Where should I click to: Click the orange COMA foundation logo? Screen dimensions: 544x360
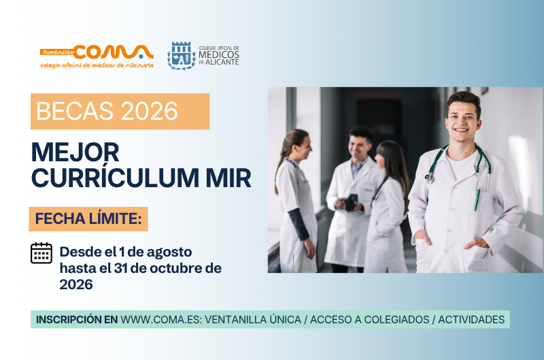[97, 56]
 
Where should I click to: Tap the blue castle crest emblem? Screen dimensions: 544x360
[181, 56]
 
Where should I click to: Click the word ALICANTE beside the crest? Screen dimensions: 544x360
[222, 62]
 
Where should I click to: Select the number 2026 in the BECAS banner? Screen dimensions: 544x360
[150, 111]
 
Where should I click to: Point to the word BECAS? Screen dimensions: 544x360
[75, 111]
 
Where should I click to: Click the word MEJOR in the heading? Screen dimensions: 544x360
[75, 152]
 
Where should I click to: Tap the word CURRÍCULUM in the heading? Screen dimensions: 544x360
[115, 178]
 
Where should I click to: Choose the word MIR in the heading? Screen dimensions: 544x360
[228, 178]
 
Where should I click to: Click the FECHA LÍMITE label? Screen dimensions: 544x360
[88, 218]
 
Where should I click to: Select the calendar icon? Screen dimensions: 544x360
[41, 253]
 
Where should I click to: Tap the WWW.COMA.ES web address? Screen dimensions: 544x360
[160, 319]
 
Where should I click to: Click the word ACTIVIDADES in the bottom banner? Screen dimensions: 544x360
[471, 319]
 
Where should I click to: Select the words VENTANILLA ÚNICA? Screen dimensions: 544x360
[253, 319]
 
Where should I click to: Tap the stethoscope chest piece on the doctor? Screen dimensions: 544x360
[430, 178]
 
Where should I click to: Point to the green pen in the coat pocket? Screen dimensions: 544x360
[477, 200]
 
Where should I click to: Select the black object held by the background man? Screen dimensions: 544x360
[351, 202]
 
